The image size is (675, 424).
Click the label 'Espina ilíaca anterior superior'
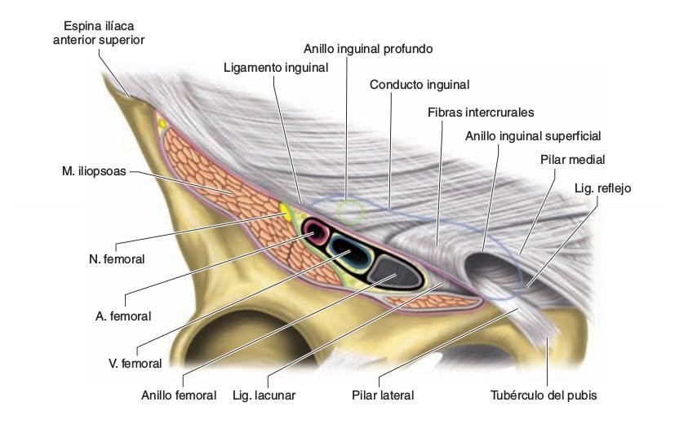(99, 33)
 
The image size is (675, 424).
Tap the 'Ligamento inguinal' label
(276, 68)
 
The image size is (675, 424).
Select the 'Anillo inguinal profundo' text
(368, 49)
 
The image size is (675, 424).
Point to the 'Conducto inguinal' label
(420, 85)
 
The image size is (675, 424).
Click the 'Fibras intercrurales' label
(481, 113)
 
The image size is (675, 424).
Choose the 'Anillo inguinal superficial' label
(533, 136)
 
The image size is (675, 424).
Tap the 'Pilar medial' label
(572, 160)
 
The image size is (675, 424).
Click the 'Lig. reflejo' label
(602, 188)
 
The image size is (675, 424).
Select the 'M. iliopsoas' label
(94, 171)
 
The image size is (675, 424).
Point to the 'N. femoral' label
(117, 259)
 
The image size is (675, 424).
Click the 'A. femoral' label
(123, 316)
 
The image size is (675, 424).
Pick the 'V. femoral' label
(135, 364)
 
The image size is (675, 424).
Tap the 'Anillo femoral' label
(179, 395)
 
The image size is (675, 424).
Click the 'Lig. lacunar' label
(264, 395)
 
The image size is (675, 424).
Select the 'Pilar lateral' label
(383, 395)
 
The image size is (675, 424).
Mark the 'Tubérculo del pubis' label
(544, 395)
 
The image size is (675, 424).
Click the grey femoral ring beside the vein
(394, 271)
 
